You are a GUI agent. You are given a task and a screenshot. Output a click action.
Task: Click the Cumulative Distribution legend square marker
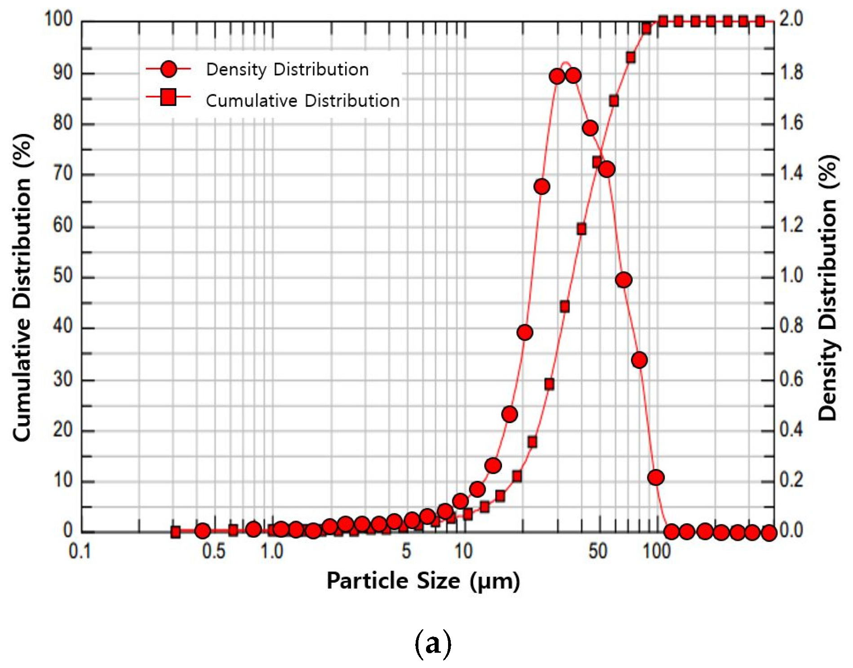tap(169, 97)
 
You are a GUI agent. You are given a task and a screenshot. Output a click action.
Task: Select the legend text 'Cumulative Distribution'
tap(302, 101)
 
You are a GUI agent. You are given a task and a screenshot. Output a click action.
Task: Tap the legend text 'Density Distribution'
tap(287, 70)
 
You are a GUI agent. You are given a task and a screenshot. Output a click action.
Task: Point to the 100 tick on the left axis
tap(58, 19)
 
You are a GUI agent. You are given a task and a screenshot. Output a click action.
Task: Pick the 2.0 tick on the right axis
tap(791, 19)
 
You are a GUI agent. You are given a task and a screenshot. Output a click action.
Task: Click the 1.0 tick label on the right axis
tap(791, 275)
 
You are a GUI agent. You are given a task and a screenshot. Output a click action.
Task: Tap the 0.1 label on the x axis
tap(80, 551)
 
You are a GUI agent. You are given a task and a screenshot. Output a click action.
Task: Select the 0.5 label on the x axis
tap(213, 551)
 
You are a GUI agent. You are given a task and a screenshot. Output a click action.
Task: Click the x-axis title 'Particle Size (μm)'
tap(423, 581)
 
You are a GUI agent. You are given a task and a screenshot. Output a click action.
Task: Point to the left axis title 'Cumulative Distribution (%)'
tap(22, 288)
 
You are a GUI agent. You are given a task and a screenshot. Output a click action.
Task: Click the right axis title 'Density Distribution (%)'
tap(828, 288)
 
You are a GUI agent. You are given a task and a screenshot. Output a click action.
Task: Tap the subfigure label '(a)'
tap(432, 644)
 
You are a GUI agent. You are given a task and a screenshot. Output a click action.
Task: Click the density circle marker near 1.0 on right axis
tap(623, 280)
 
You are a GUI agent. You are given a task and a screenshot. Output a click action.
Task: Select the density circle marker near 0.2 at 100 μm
tap(656, 477)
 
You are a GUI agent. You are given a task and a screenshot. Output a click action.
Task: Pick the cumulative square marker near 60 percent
tap(582, 229)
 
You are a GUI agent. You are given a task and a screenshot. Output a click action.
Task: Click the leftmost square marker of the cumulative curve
tap(176, 532)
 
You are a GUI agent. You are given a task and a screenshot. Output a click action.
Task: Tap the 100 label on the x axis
tap(657, 551)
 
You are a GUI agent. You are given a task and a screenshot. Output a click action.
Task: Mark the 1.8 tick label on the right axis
tap(791, 72)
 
